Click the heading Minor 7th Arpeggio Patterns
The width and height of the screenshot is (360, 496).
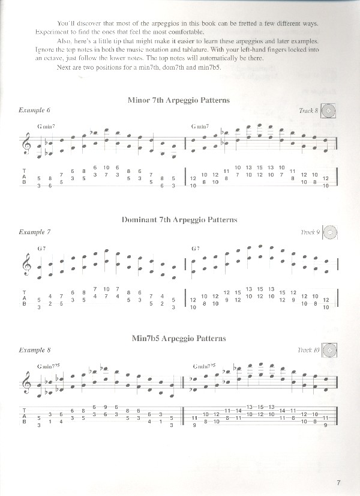point(179,100)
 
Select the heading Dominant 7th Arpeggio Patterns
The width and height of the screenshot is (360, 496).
point(179,220)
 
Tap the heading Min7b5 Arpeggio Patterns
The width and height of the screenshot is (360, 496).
point(179,339)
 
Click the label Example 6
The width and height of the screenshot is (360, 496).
point(34,111)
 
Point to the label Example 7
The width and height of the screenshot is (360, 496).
point(34,231)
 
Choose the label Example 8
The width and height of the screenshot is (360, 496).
point(34,349)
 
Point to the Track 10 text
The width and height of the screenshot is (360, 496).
point(307,350)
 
